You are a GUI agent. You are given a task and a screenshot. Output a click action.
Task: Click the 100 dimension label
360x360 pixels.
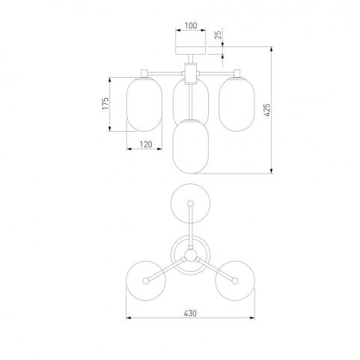pos(191,25)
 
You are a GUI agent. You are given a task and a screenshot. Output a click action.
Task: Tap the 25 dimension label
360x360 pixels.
pos(219,34)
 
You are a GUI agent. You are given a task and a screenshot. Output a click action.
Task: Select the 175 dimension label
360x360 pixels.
pos(106,103)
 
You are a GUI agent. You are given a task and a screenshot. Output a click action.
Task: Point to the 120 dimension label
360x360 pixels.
pos(146,144)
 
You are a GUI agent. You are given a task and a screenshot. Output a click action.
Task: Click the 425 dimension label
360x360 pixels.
pos(267,110)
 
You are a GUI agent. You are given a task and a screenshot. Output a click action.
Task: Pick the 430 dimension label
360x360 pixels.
pos(190,313)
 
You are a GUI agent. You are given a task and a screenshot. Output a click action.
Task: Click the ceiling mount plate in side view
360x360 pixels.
pos(191,50)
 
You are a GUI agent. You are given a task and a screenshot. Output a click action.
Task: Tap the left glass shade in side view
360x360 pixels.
pos(144,104)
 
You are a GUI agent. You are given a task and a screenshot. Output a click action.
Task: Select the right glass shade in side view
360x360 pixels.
pos(237,104)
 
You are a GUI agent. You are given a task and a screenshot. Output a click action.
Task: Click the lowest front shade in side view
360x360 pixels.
pos(191,146)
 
